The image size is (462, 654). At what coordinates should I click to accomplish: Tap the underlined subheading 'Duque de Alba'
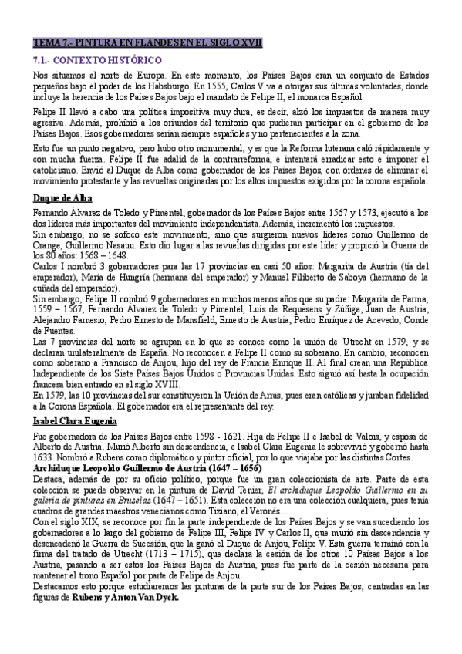(x=63, y=199)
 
